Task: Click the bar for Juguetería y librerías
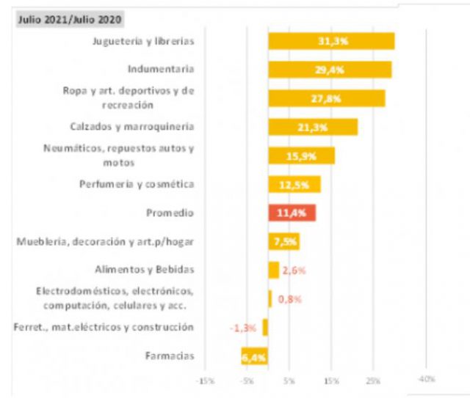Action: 331,41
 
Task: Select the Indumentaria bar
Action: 330,70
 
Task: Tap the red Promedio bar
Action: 292,213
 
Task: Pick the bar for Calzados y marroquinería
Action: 313,127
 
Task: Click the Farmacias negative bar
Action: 255,356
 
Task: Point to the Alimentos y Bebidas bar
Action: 274,270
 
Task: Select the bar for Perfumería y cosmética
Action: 294,184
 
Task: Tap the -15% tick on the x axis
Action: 206,380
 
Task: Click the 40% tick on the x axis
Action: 427,380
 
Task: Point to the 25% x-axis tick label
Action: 373,380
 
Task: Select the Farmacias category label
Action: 170,356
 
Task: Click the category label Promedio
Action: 170,213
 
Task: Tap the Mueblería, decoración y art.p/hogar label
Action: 107,241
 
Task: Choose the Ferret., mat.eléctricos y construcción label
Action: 104,327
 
